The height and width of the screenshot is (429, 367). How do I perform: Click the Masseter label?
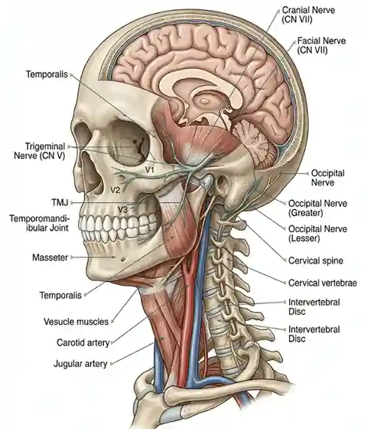50,257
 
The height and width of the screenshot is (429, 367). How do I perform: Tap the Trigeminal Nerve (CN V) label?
40,151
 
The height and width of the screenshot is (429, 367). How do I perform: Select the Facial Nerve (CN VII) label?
321,45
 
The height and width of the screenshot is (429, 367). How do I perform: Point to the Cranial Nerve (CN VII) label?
308,15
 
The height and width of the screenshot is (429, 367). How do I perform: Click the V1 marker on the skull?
149,170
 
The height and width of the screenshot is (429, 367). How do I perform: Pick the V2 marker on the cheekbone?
115,190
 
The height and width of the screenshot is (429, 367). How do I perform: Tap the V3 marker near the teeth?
122,210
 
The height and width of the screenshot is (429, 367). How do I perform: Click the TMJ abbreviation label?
60,203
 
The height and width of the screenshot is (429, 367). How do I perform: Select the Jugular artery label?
80,364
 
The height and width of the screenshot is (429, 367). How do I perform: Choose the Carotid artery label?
83,342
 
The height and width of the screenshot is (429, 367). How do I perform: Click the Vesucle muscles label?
76,322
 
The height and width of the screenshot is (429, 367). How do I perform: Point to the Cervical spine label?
316,260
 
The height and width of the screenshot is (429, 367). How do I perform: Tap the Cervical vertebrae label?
323,283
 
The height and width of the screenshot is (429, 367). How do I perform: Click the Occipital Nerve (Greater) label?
317,208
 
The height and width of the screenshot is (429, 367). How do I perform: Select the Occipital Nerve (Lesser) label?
317,234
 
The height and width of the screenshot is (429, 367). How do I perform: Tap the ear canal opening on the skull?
222,182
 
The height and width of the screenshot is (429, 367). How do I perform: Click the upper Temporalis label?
47,74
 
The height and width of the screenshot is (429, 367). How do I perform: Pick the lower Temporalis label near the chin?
60,295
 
